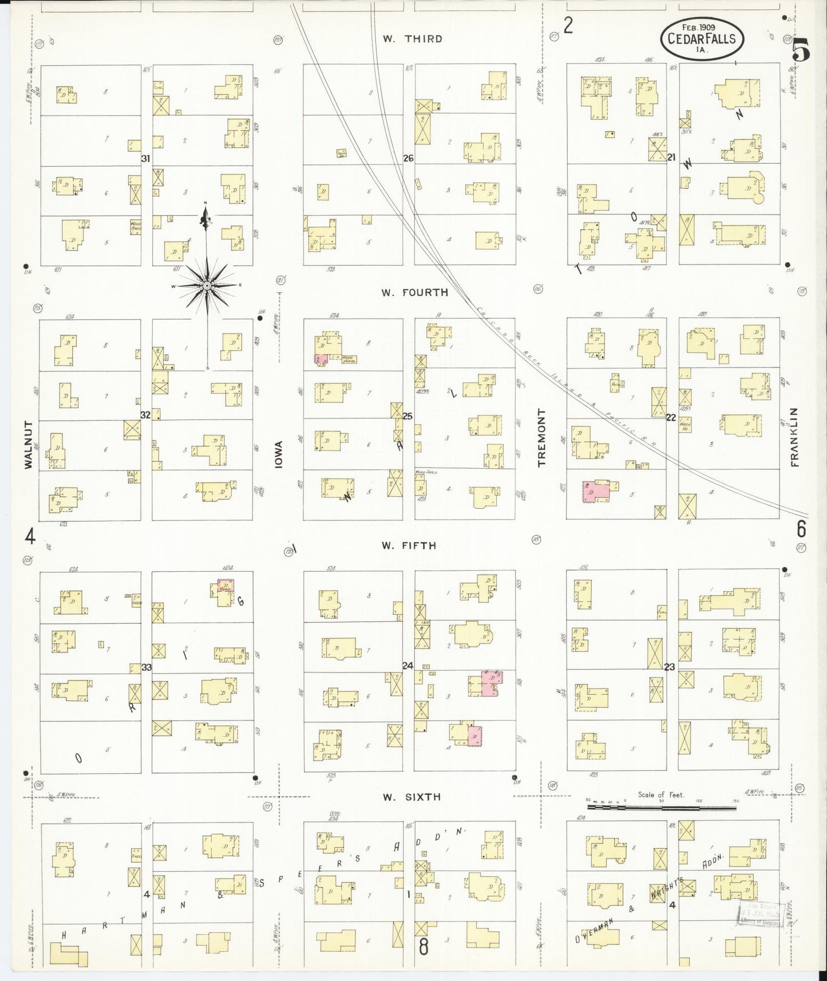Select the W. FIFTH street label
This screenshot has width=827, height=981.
[409, 546]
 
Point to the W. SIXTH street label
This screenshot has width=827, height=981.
[411, 797]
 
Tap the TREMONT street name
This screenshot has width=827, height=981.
[541, 438]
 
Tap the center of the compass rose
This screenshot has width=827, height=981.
[207, 285]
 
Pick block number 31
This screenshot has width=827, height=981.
[146, 159]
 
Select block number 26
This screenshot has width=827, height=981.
[408, 159]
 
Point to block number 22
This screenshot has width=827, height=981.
[671, 417]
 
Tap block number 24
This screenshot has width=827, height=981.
[408, 666]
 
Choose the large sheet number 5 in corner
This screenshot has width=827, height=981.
[801, 52]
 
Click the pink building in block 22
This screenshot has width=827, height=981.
[597, 491]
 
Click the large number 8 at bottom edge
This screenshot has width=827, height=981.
[424, 946]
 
